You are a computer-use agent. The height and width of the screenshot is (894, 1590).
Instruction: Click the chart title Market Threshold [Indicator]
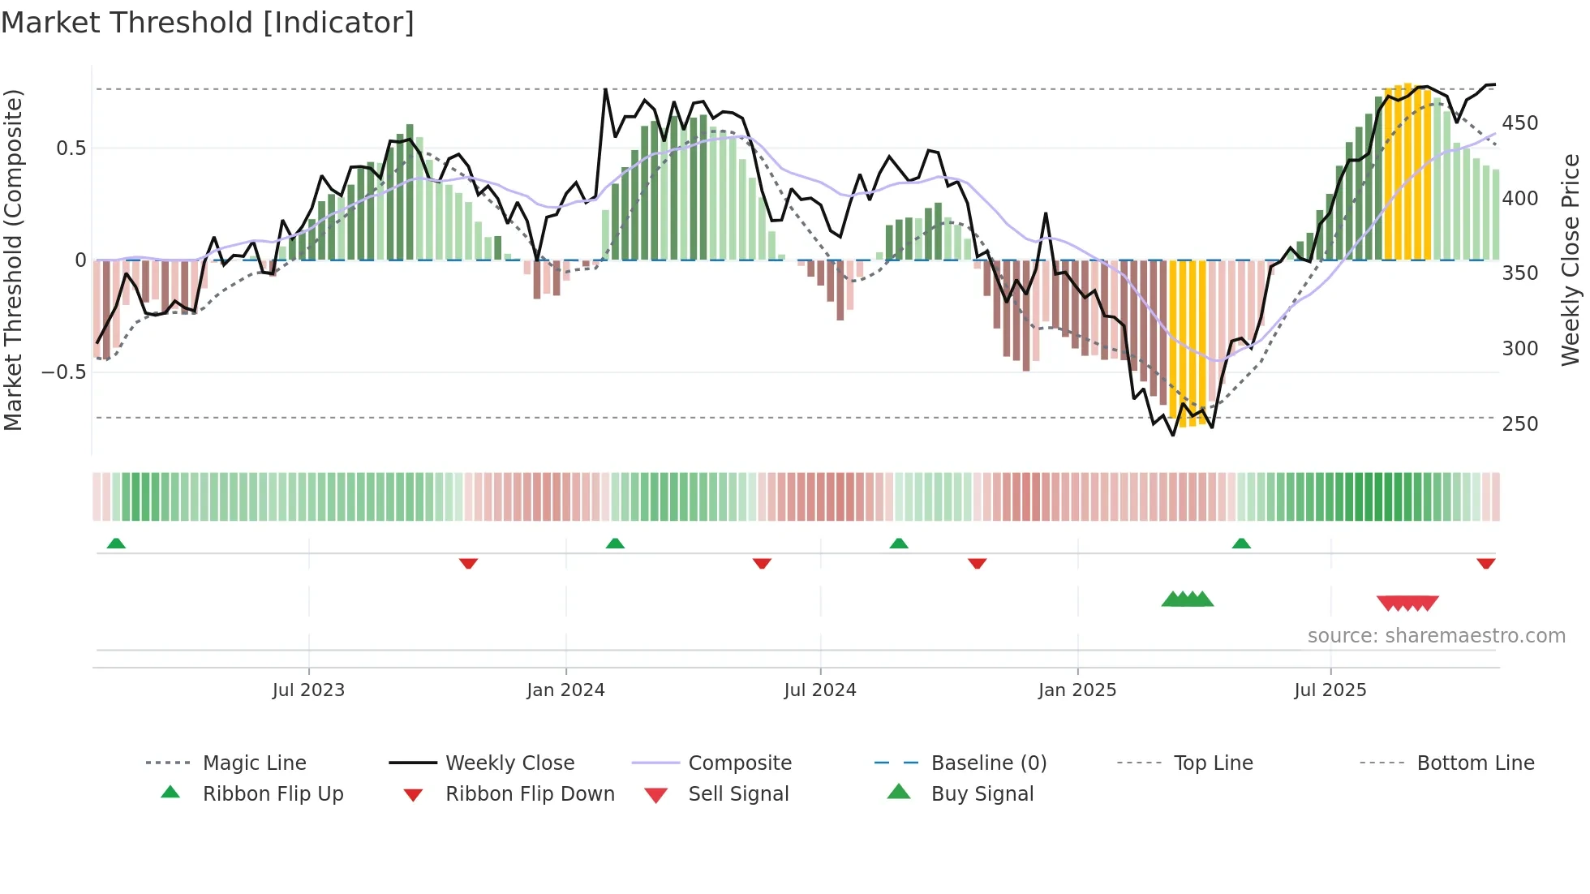(208, 23)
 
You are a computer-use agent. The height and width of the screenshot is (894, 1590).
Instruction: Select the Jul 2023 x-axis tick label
(308, 690)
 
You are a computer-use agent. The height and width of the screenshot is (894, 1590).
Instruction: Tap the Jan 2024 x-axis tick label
(565, 690)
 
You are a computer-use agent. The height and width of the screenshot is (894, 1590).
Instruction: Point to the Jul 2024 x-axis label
(819, 690)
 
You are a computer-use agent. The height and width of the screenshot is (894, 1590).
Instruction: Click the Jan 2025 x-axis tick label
(1076, 690)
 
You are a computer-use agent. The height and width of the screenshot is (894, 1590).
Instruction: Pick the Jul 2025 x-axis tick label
(1330, 690)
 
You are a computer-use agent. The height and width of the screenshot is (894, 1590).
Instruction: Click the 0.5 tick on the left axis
(71, 148)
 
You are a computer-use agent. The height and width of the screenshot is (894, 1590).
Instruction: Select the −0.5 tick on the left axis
(64, 372)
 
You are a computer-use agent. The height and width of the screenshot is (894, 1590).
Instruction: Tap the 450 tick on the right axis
(1519, 123)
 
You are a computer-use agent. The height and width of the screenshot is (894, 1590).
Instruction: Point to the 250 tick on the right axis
(1519, 424)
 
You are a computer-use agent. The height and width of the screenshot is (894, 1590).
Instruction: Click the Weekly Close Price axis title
(1571, 260)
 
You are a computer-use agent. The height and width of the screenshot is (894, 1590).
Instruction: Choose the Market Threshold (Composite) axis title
(13, 260)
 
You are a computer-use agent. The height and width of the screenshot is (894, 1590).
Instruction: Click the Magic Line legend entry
(254, 763)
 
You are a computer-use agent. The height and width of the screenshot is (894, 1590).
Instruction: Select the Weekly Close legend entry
(509, 763)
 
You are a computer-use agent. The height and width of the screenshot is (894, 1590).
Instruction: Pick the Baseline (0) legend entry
(988, 763)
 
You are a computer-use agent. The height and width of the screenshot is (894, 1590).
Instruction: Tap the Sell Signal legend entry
(738, 794)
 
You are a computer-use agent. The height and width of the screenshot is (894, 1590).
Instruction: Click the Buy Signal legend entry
(982, 794)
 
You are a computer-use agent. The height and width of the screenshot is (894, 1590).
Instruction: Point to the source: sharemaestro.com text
(1436, 636)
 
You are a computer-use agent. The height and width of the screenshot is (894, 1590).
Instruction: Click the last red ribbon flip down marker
(1485, 563)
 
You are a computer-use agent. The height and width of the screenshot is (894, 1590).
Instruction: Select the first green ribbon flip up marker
(116, 544)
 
